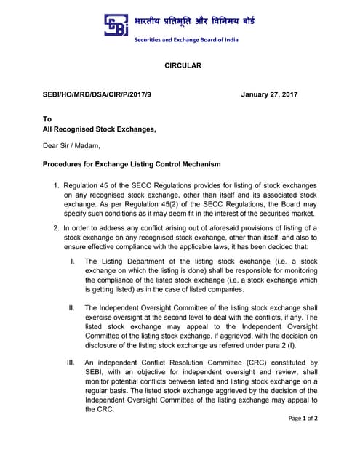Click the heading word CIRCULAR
pos(180,66)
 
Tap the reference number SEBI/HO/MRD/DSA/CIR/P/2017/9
pos(97,94)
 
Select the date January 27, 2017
pos(269,94)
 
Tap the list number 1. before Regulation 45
pos(56,186)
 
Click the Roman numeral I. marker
pos(71,260)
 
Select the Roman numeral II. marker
pos(71,308)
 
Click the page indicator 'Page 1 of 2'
pos(303,418)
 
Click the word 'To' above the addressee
pos(48,118)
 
